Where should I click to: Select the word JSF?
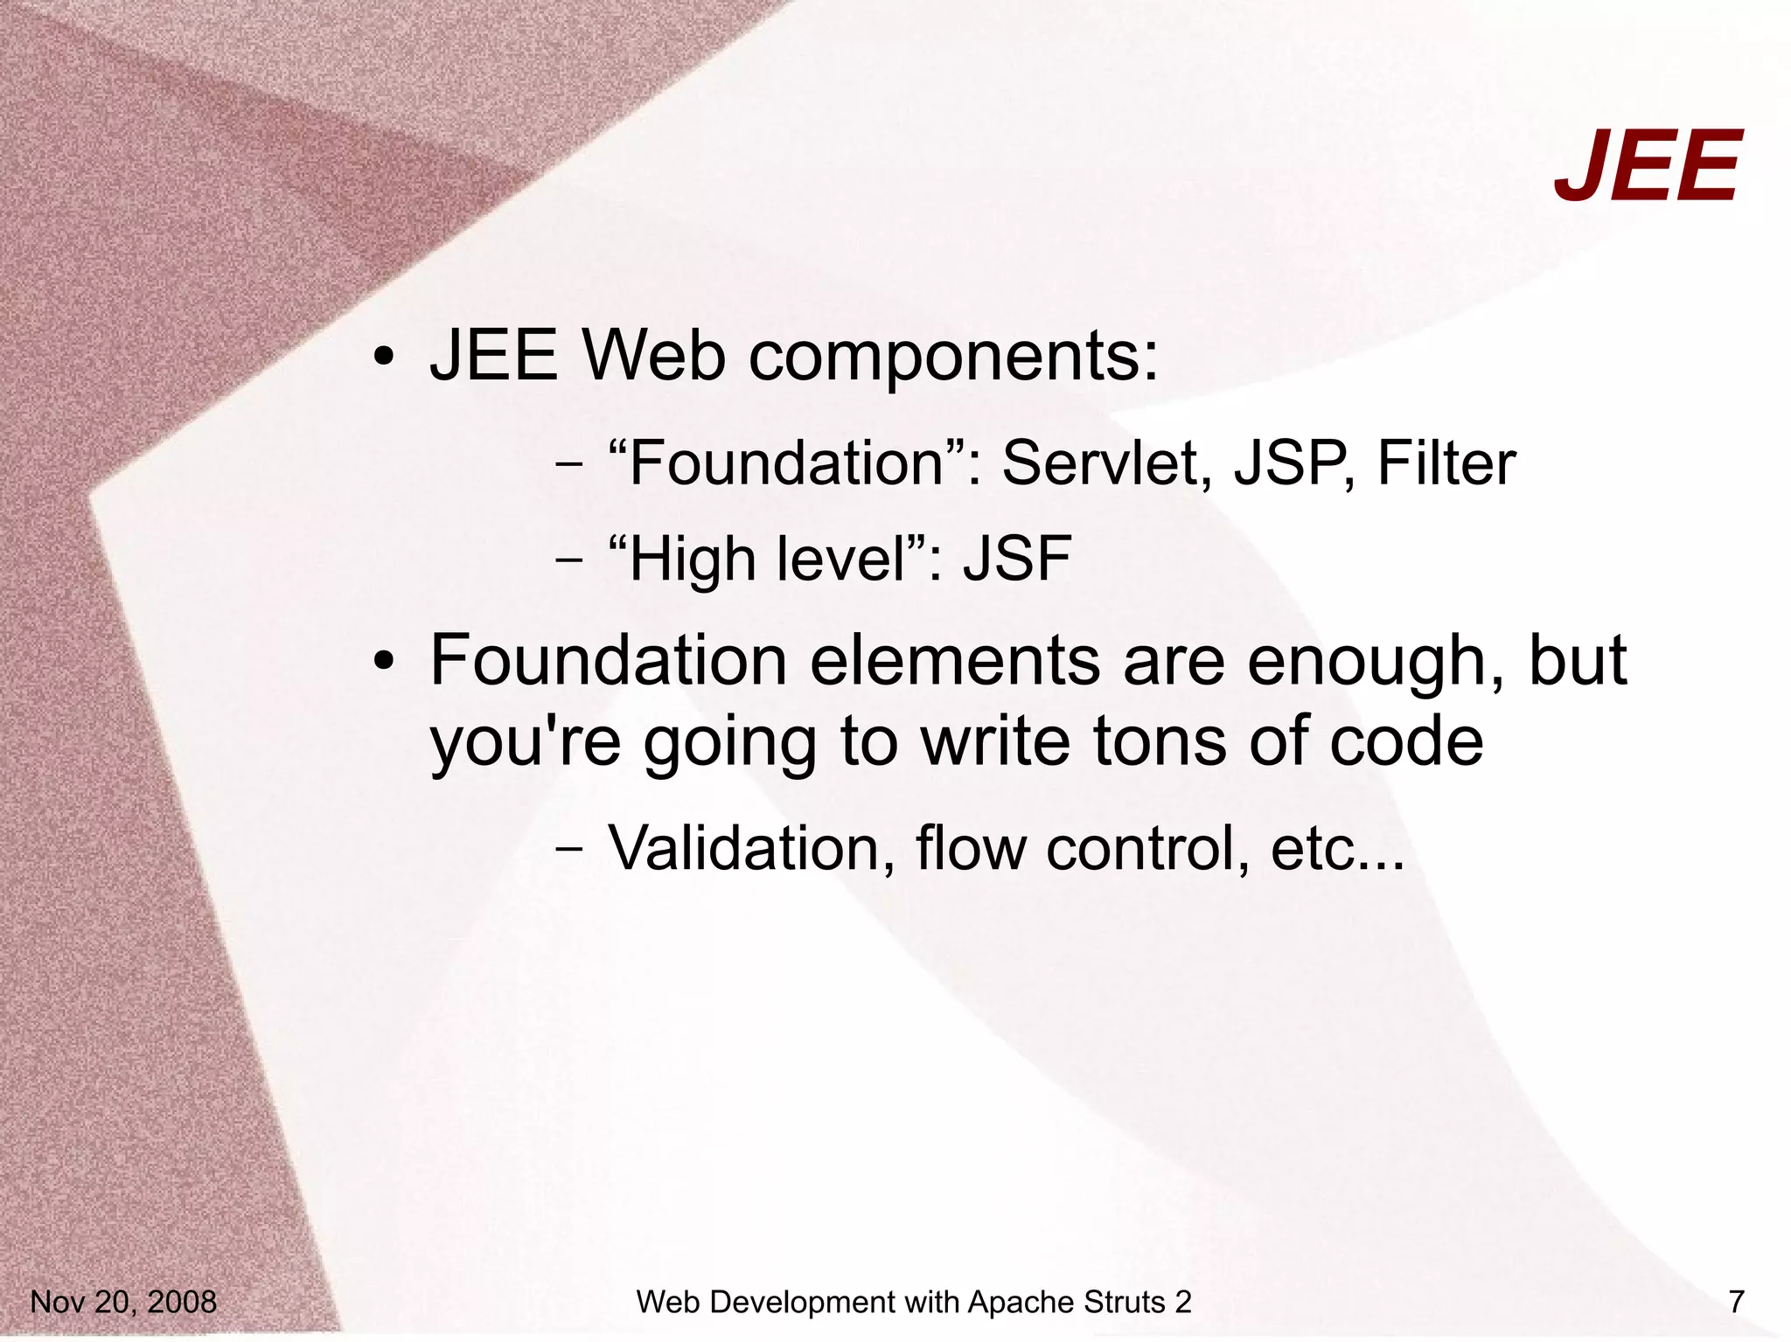tap(1017, 560)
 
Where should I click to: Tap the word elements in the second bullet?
tap(954, 661)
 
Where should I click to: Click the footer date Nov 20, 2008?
tap(123, 1302)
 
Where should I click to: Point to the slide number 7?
tap(1736, 1302)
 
